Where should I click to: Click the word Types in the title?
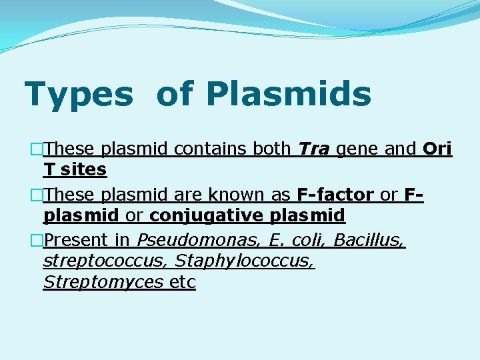pos(79,95)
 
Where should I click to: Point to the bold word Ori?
pos(437,149)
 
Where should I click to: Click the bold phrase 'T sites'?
pos(75,170)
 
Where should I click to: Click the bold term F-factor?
pos(335,195)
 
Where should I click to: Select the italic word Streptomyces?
pos(103,283)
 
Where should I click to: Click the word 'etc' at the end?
pos(182,283)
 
